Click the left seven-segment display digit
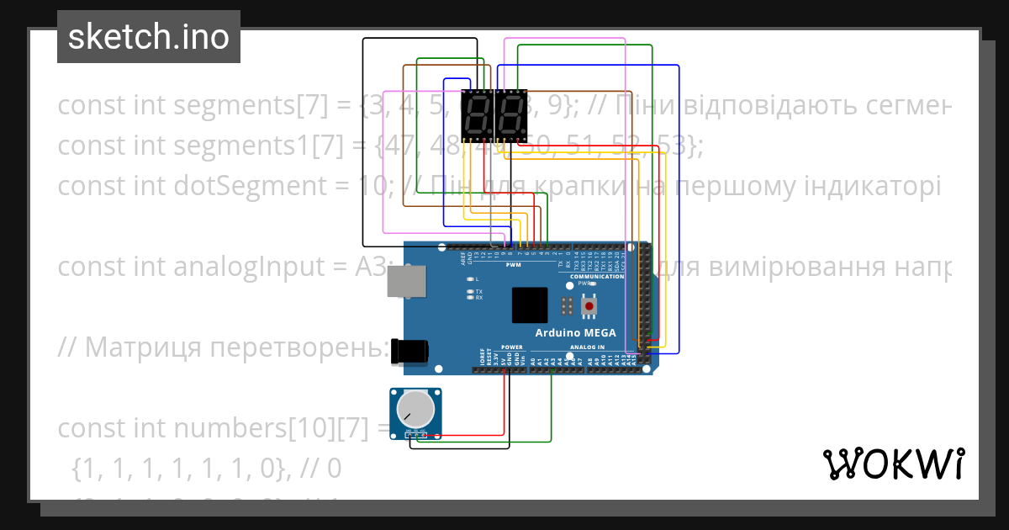pos(477,115)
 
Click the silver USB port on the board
pos(405,281)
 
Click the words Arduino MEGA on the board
pos(576,333)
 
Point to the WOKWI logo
pos(893,464)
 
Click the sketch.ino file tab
pos(149,37)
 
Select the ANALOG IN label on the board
pos(588,347)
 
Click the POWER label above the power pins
pos(512,347)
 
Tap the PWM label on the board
pos(513,266)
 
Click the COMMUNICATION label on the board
pos(598,276)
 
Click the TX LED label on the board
pos(478,291)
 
